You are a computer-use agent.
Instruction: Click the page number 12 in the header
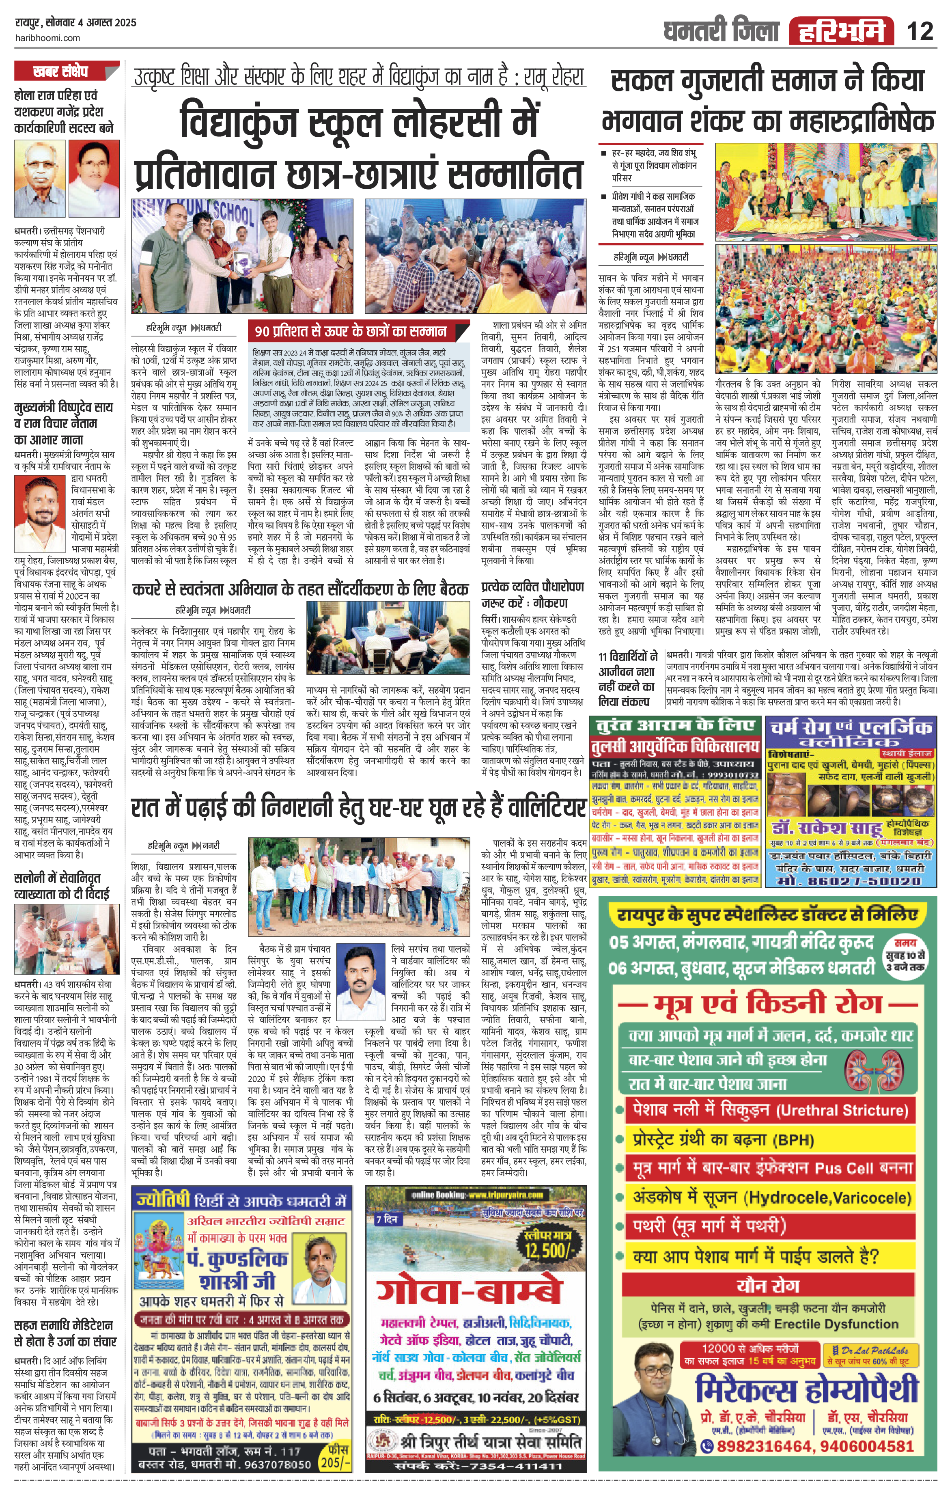(920, 31)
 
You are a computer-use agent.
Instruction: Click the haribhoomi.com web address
(47, 38)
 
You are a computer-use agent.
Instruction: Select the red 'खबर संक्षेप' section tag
(61, 71)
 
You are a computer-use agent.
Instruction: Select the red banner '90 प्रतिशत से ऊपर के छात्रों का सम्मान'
(351, 331)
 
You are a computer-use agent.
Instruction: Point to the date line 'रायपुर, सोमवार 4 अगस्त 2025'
(75, 23)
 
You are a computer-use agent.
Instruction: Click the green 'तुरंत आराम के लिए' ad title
(676, 725)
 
